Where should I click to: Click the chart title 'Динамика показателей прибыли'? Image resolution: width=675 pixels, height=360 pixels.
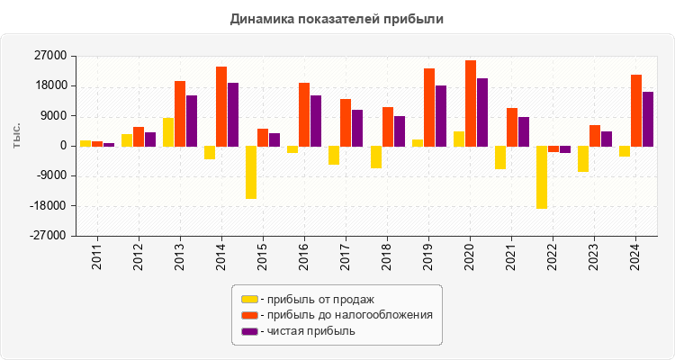(337, 19)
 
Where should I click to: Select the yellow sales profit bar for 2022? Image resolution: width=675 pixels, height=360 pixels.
(542, 177)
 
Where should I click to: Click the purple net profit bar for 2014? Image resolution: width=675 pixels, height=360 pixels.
(233, 114)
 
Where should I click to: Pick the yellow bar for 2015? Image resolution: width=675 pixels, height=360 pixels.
(251, 172)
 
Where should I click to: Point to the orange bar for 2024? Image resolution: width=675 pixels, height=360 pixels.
(636, 110)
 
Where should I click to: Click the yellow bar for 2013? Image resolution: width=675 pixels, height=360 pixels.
(168, 131)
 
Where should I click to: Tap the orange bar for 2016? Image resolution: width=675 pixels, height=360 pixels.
(304, 114)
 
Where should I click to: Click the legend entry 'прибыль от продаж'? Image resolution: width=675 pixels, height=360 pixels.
(316, 299)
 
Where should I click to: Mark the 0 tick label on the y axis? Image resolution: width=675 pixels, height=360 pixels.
(63, 146)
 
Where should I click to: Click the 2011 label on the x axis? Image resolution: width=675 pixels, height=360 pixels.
(97, 255)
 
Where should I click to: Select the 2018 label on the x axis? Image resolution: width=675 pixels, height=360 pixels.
(387, 255)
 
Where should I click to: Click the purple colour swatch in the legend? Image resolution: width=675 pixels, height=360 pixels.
(249, 331)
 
